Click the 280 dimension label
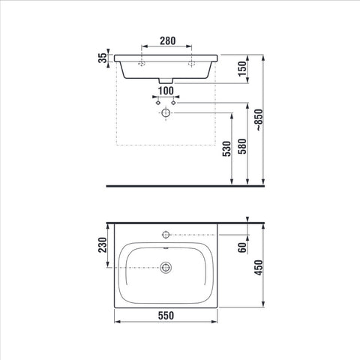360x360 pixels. tap(168, 40)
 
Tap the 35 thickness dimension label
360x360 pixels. tap(102, 58)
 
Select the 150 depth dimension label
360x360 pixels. tap(241, 69)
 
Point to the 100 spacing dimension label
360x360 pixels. tap(166, 91)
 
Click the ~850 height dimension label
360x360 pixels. tap(259, 120)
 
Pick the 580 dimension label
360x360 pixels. tap(242, 146)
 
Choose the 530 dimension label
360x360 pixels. tap(226, 149)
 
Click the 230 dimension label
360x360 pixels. tap(102, 245)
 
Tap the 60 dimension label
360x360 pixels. tap(242, 247)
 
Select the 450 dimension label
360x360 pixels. tap(259, 268)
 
